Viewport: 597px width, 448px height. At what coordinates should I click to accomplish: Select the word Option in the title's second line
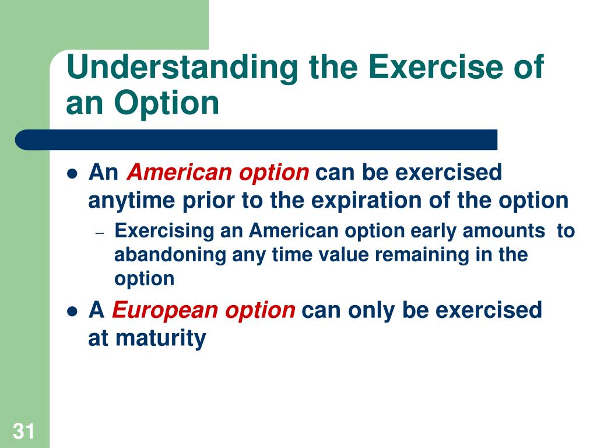[167, 103]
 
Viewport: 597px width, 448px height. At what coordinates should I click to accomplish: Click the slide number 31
[24, 432]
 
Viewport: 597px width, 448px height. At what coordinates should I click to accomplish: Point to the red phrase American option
[218, 173]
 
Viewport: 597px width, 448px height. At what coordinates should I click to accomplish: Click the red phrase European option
[203, 310]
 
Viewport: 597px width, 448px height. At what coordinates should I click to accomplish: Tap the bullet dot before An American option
[72, 174]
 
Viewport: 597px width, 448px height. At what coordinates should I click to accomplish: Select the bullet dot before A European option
[72, 311]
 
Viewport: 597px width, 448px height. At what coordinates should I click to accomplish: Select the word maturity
[160, 338]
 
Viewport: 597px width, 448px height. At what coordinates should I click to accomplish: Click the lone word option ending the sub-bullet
[144, 279]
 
